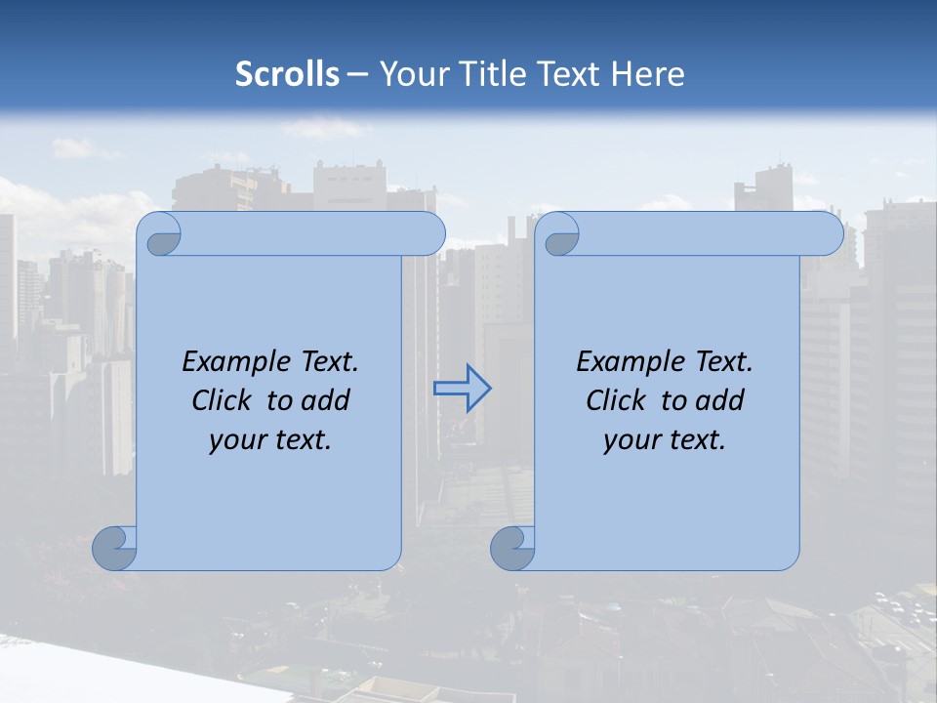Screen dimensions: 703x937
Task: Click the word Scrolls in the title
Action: tap(287, 74)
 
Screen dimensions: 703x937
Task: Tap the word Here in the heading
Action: tap(647, 74)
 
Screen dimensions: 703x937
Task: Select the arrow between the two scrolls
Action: tap(462, 389)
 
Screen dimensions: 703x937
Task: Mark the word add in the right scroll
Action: tap(718, 400)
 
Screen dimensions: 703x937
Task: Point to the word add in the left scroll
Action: tap(324, 400)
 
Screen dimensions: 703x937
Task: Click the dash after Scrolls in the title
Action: tap(358, 75)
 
